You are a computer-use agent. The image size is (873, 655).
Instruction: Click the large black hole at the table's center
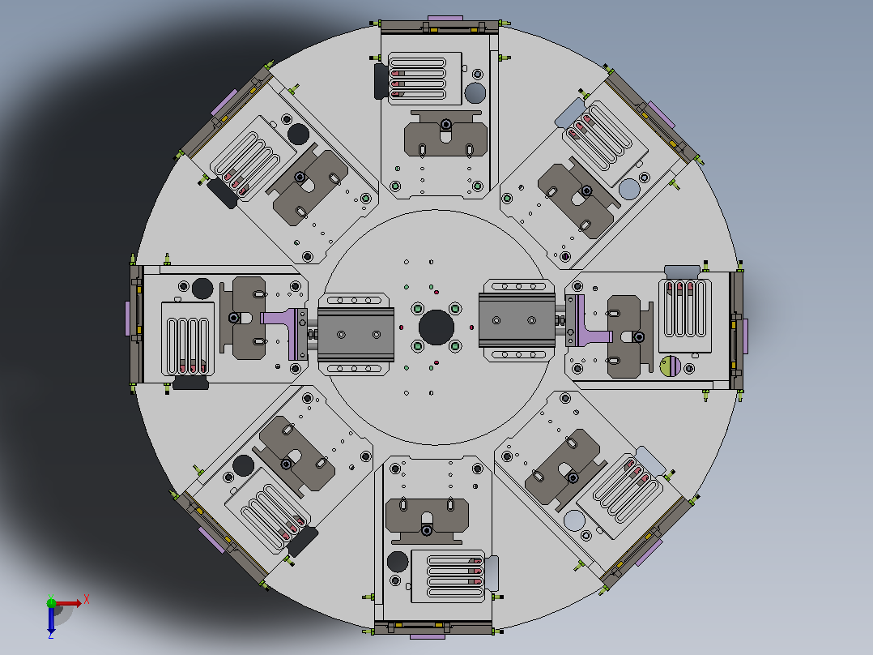click(436, 327)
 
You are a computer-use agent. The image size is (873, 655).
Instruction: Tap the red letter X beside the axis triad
click(87, 600)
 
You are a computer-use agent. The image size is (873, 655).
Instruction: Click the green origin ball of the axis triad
click(51, 602)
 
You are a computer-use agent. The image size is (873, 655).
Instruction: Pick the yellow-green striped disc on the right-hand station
click(671, 366)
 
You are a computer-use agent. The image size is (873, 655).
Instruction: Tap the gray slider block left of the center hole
click(356, 334)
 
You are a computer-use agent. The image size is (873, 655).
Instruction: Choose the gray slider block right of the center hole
click(517, 320)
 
